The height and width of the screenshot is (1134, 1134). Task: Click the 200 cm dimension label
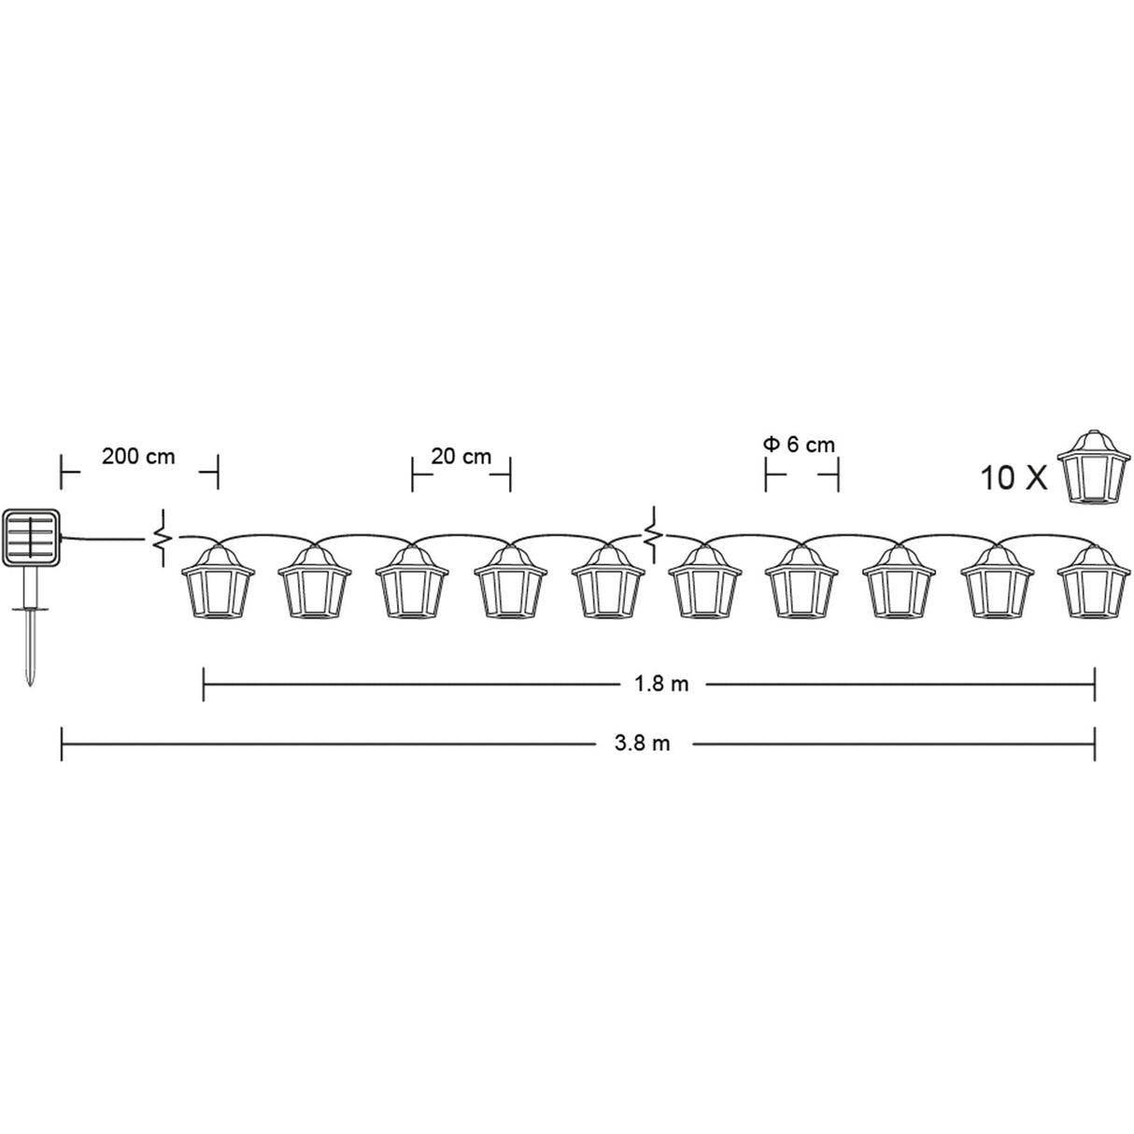point(138,457)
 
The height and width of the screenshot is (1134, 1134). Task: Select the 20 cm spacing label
point(461,457)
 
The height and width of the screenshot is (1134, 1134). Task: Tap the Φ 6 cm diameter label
point(800,445)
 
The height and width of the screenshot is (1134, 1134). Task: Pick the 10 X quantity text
point(1013,477)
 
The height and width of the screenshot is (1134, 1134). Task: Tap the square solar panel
point(32,536)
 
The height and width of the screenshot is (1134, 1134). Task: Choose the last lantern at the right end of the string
point(1091,583)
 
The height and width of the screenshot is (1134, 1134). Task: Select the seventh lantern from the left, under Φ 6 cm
point(800,583)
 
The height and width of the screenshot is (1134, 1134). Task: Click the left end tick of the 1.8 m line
point(204,684)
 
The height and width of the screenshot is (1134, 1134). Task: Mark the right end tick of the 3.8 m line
point(1095,744)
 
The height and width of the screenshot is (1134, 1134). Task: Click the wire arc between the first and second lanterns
point(266,535)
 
